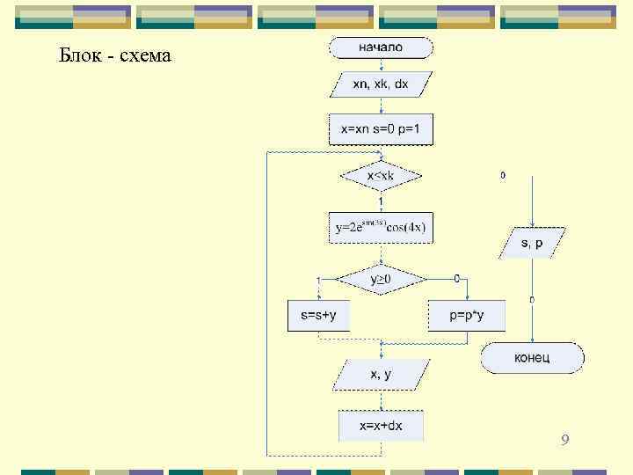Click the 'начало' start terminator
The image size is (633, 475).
[381, 47]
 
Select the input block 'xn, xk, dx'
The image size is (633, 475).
[381, 84]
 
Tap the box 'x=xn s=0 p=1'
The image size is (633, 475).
[381, 129]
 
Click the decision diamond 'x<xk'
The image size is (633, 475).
[381, 176]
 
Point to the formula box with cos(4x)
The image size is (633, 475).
[381, 227]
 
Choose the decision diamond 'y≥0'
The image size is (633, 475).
[381, 280]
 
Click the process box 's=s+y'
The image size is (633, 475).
[318, 315]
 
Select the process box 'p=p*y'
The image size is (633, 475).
[466, 315]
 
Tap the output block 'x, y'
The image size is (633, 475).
[381, 375]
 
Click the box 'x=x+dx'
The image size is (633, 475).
[381, 426]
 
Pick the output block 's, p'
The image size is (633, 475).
[532, 243]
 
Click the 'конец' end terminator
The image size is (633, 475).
[532, 357]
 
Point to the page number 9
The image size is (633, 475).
[564, 439]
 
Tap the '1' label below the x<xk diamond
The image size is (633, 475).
[380, 201]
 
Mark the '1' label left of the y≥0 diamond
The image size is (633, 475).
[318, 280]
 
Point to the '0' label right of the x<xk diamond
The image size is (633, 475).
[503, 175]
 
